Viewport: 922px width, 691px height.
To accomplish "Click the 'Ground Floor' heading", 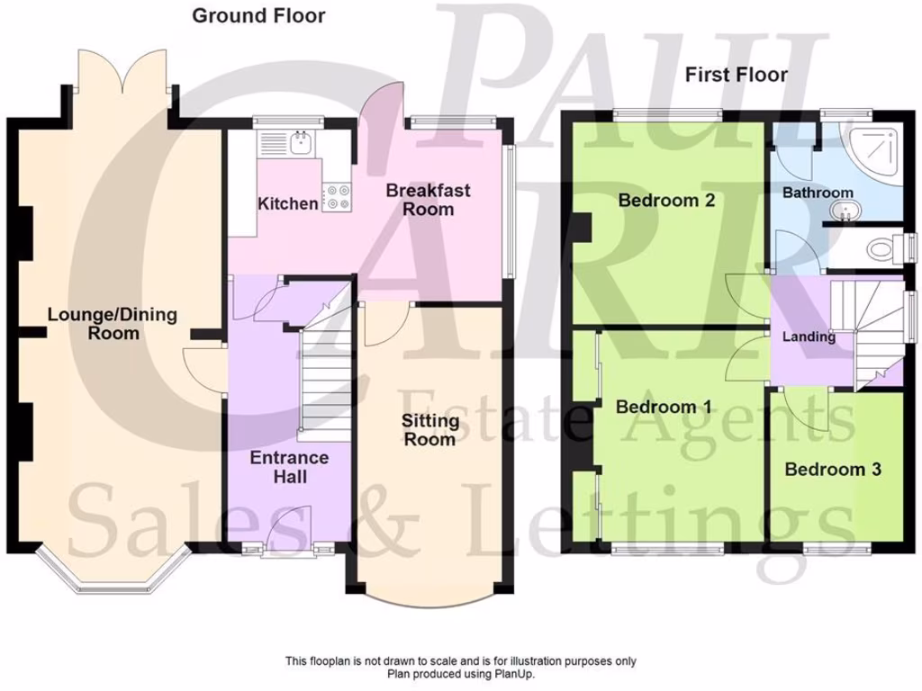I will point(258,15).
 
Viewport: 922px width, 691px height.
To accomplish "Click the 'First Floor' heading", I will point(736,75).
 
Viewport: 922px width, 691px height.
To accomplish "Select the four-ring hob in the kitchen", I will point(337,197).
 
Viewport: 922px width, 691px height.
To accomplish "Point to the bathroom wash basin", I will point(845,211).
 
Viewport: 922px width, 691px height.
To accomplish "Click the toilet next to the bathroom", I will point(886,248).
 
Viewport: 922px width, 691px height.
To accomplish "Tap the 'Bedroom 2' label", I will point(666,200).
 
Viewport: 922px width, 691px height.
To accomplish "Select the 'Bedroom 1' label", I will point(664,408).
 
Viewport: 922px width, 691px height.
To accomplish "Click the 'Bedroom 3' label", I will point(832,469).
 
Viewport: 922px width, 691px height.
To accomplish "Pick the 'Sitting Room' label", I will point(429,430).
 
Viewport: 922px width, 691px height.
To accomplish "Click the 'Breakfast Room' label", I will point(428,200).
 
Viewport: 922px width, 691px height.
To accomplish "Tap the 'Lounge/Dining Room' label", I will point(113,324).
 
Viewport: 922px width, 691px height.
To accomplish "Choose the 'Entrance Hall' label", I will point(289,466).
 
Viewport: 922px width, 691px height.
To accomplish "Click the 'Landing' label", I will point(808,337).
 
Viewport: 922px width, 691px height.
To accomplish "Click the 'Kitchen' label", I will point(288,204).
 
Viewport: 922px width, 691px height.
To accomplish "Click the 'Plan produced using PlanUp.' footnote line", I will point(460,673).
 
